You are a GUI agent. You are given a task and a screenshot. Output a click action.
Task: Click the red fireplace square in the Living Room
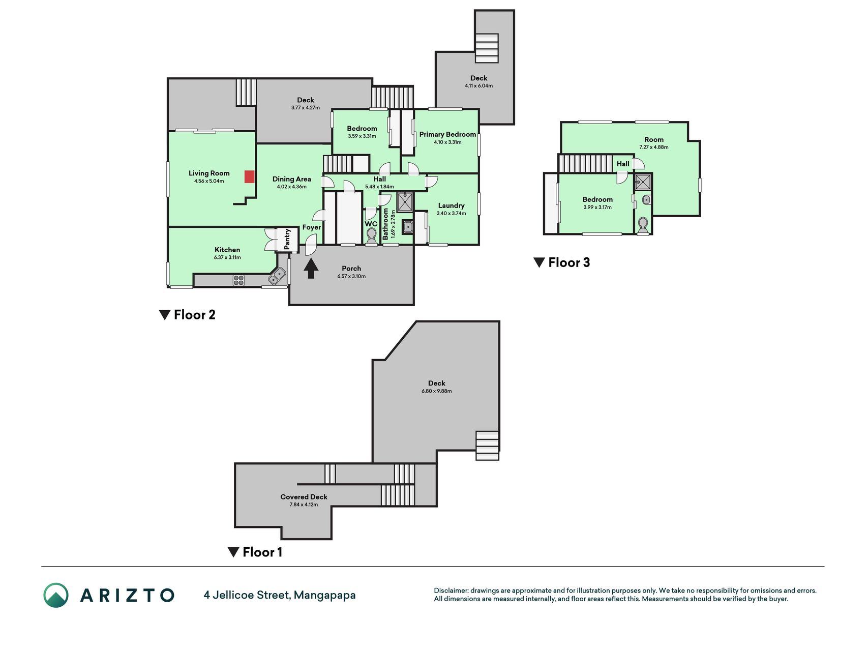[249, 176]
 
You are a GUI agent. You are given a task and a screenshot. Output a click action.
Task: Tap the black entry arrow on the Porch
[311, 269]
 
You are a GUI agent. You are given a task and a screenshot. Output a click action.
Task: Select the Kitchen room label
[227, 250]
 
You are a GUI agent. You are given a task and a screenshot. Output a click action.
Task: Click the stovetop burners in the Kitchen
[238, 280]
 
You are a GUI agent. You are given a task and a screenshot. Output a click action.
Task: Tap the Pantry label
[287, 239]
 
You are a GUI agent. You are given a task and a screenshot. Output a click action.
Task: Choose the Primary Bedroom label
[447, 134]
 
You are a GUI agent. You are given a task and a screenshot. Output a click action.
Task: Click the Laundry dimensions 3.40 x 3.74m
[452, 213]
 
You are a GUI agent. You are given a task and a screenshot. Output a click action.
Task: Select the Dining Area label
[292, 179]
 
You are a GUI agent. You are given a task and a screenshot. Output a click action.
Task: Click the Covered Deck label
[304, 497]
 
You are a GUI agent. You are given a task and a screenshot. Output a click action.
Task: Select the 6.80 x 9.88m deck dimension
[437, 391]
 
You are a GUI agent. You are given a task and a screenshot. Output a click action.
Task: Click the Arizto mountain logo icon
[56, 595]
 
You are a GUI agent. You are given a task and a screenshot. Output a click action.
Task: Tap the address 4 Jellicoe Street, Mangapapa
[280, 595]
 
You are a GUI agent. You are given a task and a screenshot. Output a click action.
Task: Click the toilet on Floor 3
[643, 225]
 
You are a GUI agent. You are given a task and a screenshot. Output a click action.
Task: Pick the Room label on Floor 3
[654, 139]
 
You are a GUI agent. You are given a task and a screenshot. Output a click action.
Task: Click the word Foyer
[312, 227]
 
